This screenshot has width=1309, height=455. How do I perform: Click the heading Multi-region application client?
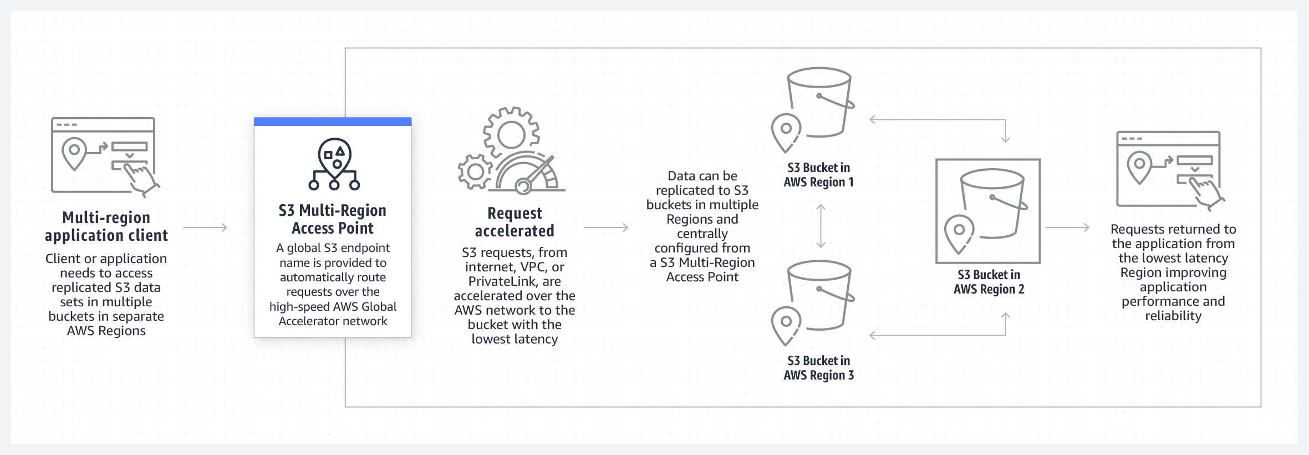tap(106, 226)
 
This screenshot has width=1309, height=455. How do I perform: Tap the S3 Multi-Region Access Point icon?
tap(334, 164)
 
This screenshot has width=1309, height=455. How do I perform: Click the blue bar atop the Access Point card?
tap(333, 122)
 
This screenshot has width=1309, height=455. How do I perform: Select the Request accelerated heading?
tap(515, 222)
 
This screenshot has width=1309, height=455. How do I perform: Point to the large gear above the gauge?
tap(511, 134)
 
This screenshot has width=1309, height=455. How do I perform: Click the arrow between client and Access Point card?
tap(205, 228)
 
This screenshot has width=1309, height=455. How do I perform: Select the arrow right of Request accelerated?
tap(606, 228)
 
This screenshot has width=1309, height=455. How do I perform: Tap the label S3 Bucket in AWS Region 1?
tap(818, 175)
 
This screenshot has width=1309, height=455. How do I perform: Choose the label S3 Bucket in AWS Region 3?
tap(818, 368)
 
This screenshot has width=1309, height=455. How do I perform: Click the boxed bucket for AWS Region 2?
tap(987, 211)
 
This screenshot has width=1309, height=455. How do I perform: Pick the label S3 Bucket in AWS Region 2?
tap(989, 282)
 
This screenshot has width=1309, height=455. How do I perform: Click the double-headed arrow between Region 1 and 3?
tap(821, 226)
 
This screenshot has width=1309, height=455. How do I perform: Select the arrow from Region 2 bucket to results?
tap(1067, 228)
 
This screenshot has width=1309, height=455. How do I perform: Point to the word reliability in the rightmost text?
tap(1173, 316)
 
